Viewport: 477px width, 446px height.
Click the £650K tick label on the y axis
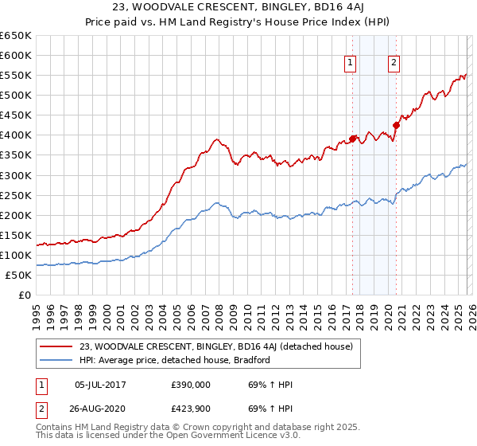point(16,36)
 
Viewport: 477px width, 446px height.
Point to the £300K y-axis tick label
point(16,175)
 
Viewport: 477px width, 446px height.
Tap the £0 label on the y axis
point(25,295)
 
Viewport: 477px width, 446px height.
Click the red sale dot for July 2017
point(352,139)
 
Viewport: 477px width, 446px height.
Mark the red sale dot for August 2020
point(396,125)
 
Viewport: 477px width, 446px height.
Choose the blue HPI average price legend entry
point(174,360)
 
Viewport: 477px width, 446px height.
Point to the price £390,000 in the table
point(191,385)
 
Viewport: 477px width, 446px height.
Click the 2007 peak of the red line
point(215,139)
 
